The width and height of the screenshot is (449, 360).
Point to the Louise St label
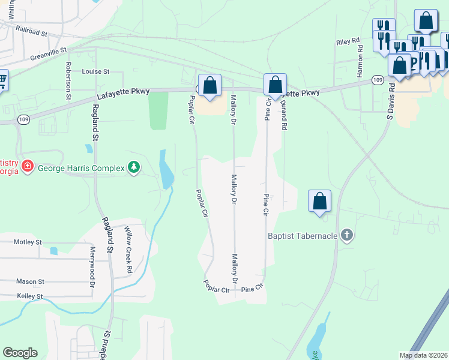coord(96,71)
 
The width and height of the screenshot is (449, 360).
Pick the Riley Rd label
coord(348,42)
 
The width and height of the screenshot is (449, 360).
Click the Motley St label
coord(28,242)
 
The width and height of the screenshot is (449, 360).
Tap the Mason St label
coord(30,281)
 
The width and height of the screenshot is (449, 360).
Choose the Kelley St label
coord(30,296)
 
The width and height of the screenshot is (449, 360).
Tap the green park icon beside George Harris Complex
coord(134,168)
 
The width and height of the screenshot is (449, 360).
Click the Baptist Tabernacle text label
coord(302,236)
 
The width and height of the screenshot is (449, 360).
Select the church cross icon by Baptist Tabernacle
coord(346,235)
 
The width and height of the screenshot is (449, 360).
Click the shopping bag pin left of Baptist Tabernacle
coord(320,201)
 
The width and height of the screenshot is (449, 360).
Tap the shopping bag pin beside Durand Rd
coord(275,85)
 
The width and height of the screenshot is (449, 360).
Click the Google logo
coord(20,353)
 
